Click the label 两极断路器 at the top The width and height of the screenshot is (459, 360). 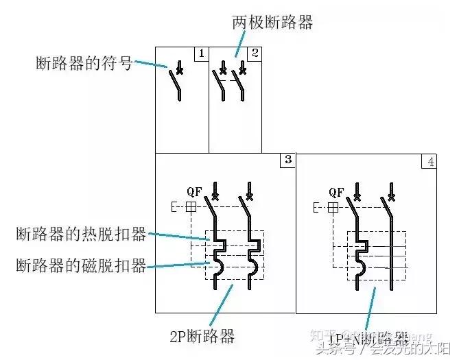pyautogui.click(x=272, y=23)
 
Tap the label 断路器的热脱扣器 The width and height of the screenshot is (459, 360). pyautogui.click(x=81, y=235)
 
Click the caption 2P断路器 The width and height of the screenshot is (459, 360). pyautogui.click(x=203, y=337)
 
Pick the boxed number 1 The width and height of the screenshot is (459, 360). pyautogui.click(x=201, y=53)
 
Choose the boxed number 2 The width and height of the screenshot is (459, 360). pyautogui.click(x=255, y=53)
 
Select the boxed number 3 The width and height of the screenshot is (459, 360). pyautogui.click(x=287, y=160)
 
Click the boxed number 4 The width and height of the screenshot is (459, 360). pyautogui.click(x=429, y=163)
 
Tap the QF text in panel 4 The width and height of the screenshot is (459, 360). pyautogui.click(x=336, y=193)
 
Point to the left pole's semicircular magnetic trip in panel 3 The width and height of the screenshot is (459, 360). pyautogui.click(x=219, y=264)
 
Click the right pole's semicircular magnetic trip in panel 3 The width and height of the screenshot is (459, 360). pyautogui.click(x=253, y=264)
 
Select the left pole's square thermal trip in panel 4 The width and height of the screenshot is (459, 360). pyautogui.click(x=360, y=243)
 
